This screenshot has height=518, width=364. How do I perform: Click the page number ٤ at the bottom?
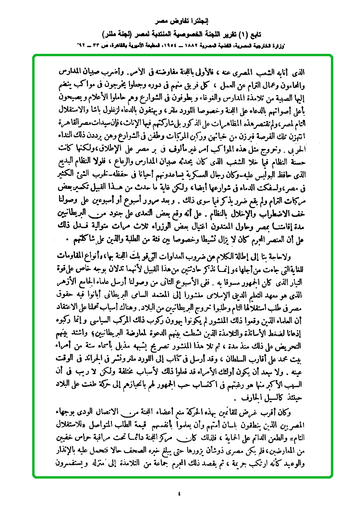click(180, 493)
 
